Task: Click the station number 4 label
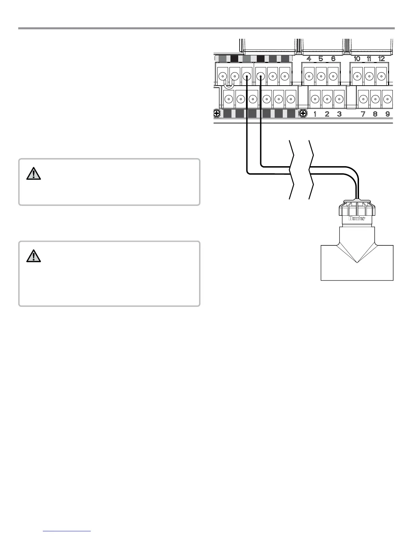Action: pyautogui.click(x=309, y=59)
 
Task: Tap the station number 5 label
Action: pyautogui.click(x=321, y=59)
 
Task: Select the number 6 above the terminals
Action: pyautogui.click(x=333, y=59)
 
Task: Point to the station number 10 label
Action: pyautogui.click(x=357, y=59)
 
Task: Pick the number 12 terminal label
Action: pyautogui.click(x=382, y=59)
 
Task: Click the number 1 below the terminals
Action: pyautogui.click(x=315, y=114)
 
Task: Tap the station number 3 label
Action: pyautogui.click(x=339, y=114)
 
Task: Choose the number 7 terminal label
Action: pyautogui.click(x=363, y=114)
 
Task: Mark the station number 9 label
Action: pyautogui.click(x=388, y=114)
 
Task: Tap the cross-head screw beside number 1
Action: pyautogui.click(x=303, y=114)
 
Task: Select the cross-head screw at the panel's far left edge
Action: pyautogui.click(x=217, y=114)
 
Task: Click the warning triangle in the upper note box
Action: pyautogui.click(x=33, y=173)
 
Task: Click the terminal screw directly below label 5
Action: pyautogui.click(x=321, y=76)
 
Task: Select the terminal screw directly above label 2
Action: pyautogui.click(x=327, y=99)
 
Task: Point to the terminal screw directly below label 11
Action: pyautogui.click(x=369, y=76)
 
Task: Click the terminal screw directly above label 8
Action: pyautogui.click(x=375, y=99)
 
